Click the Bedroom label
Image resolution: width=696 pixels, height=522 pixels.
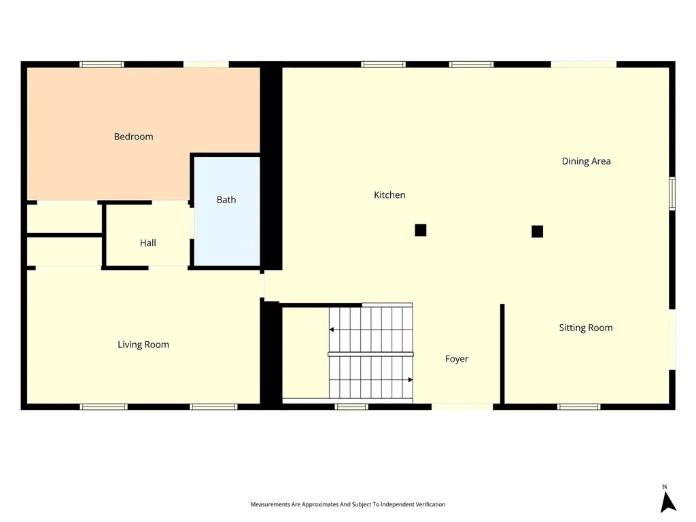(x=134, y=137)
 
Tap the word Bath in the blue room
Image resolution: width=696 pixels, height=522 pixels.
(x=226, y=200)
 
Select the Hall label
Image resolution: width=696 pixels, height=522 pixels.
(x=147, y=243)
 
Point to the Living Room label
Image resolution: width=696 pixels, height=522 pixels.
(x=143, y=345)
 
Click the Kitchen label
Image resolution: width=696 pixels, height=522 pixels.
(x=389, y=195)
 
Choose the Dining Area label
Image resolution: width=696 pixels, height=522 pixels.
(x=587, y=161)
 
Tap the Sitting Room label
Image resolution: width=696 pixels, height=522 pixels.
(x=586, y=328)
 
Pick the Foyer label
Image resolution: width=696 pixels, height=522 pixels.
(x=457, y=359)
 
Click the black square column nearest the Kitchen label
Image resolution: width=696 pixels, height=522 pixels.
(x=421, y=230)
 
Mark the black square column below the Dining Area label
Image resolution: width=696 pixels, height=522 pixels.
(x=538, y=232)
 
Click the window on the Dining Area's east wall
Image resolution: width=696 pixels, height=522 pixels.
(x=672, y=194)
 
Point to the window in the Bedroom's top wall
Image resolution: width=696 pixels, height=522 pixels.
(x=102, y=65)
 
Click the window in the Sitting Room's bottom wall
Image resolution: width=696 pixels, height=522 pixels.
(x=579, y=407)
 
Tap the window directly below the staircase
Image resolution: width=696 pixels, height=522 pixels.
(x=351, y=407)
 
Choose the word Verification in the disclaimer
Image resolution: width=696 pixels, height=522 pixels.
(x=430, y=504)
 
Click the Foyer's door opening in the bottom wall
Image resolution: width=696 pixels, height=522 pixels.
(x=462, y=407)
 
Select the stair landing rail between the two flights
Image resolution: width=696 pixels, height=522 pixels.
(x=370, y=354)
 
